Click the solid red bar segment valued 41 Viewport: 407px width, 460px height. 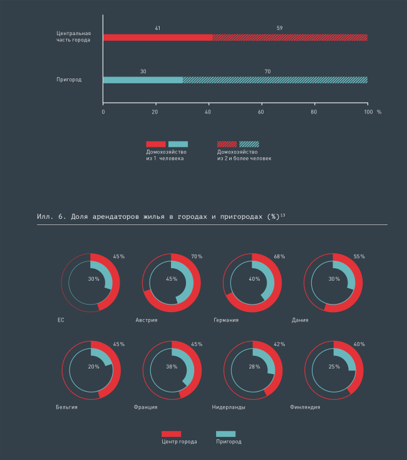tap(158, 38)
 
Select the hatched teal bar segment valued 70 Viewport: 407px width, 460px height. tap(275, 80)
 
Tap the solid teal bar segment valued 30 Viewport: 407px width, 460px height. tap(143, 80)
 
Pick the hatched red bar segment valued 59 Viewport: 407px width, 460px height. tap(290, 38)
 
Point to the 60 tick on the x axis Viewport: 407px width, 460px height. tap(261, 112)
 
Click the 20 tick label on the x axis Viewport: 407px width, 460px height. tap(155, 112)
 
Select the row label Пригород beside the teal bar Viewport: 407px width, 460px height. tap(70, 80)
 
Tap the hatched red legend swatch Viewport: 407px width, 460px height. tap(227, 144)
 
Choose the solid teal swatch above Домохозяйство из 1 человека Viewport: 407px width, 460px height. tap(178, 144)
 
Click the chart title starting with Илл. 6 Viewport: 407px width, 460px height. tap(162, 216)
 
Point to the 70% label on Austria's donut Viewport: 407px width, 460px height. tap(197, 257)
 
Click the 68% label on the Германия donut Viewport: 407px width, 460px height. tap(279, 257)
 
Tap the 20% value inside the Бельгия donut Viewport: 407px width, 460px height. tap(94, 367)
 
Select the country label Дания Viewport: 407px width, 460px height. tap(299, 320)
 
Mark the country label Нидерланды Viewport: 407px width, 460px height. tap(229, 407)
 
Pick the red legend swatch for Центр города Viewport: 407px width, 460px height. tap(171, 434)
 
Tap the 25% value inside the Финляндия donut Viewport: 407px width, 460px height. tap(334, 367)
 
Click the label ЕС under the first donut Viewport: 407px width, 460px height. tap(61, 320)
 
